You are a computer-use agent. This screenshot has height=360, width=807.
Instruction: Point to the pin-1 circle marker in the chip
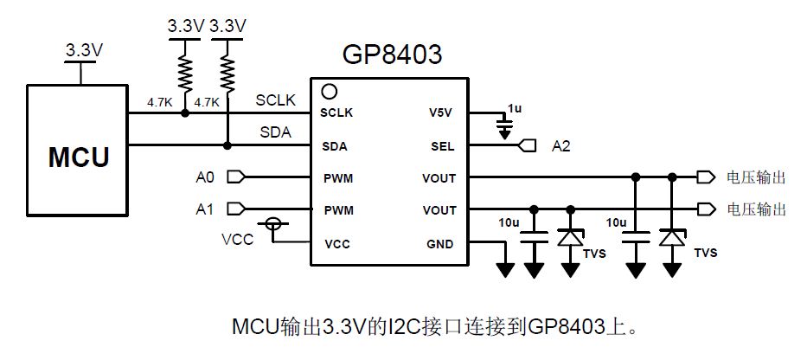point(329,90)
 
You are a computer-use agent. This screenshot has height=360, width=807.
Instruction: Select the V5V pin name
point(441,112)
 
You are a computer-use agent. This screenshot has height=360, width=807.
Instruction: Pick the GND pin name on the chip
point(440,244)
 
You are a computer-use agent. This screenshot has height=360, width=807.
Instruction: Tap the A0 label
point(205,178)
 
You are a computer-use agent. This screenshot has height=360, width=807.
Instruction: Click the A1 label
point(205,209)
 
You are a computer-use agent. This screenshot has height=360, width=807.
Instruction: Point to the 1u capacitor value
point(515,107)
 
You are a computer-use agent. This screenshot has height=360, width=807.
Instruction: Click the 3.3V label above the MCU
point(84,51)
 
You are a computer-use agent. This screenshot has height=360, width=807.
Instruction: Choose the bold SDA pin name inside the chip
point(334,145)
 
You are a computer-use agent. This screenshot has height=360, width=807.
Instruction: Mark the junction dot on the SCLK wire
point(184,112)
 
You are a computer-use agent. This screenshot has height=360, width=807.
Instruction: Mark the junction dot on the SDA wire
point(227,145)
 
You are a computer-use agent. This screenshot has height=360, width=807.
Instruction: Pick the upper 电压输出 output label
point(756,177)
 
